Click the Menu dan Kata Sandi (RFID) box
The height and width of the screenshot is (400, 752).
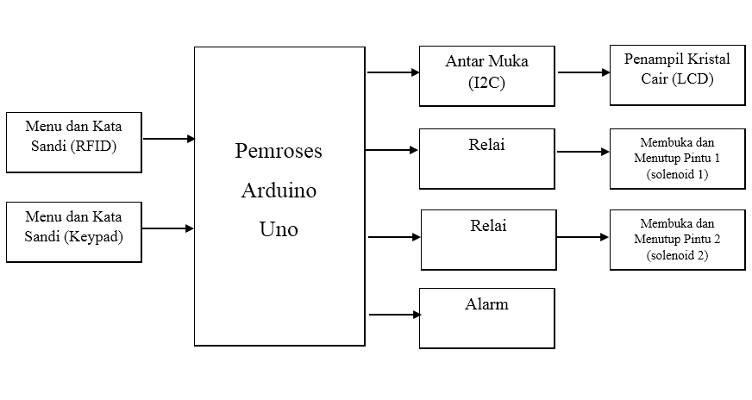73,141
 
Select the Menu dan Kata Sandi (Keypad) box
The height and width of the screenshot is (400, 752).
73,231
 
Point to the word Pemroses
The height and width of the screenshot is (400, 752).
279,151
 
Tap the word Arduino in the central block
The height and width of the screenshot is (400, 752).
279,191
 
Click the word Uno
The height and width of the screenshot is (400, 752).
279,229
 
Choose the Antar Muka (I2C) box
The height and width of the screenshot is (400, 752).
486,76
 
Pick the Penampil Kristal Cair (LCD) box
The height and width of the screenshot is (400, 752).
676,76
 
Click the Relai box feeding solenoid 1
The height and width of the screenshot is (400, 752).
486,159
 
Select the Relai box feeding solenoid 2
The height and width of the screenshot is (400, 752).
488,239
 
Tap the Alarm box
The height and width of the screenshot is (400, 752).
486,318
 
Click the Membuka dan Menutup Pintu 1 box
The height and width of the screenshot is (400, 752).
676,159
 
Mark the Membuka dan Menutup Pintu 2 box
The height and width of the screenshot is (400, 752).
676,239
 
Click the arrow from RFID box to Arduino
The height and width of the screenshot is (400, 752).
168,138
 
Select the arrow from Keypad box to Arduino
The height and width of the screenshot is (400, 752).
168,228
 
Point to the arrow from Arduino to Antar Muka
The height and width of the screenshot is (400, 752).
392,72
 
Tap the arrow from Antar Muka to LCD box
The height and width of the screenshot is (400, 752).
583,72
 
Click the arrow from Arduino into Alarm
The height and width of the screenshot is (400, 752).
393,315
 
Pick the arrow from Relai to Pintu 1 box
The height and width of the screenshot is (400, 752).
583,152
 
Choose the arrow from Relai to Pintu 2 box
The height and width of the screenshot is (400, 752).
583,235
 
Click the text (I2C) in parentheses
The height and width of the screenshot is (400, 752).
486,84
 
